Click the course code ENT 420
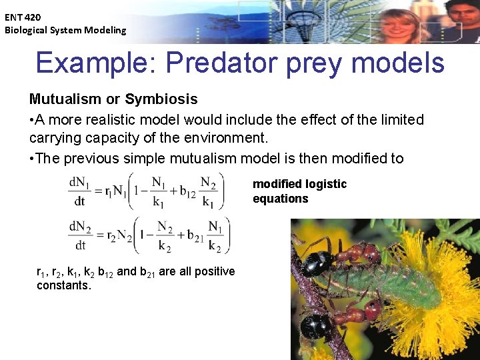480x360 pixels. point(23,17)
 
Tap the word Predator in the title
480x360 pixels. point(211,63)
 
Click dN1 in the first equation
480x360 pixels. point(79,181)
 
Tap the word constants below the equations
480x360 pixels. point(63,285)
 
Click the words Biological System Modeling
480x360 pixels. point(65,30)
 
